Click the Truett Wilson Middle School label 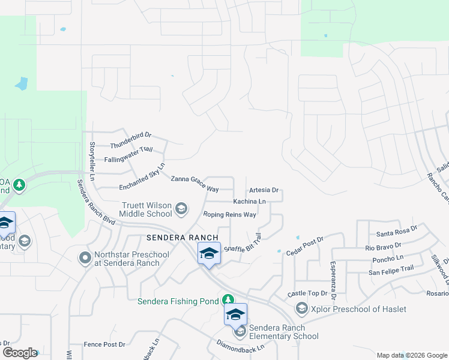(x=146, y=209)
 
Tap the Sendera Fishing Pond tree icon (x=228, y=299)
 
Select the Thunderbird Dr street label (x=131, y=140)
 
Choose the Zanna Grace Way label (x=194, y=183)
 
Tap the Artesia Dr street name (x=264, y=190)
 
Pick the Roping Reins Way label (x=230, y=214)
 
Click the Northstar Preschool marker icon (x=85, y=259)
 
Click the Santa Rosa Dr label (x=396, y=233)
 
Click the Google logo (x=20, y=353)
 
